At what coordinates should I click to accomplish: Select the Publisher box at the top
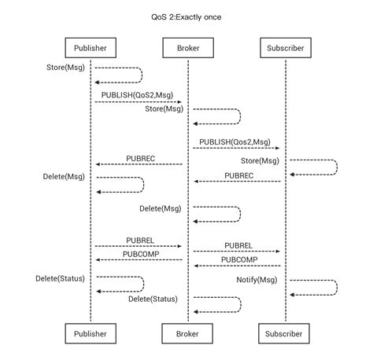click(x=90, y=49)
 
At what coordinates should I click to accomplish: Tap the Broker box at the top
click(x=187, y=49)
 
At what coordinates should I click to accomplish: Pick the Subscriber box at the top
click(x=284, y=49)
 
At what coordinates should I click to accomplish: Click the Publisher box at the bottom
click(x=90, y=333)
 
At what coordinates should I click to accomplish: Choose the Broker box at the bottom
click(x=187, y=333)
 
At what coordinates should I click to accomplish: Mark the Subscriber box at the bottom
click(x=284, y=333)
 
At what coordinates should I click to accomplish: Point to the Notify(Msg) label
click(x=257, y=281)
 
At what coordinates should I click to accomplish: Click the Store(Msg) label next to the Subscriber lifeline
click(x=260, y=161)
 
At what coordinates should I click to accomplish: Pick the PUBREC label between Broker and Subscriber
click(x=239, y=175)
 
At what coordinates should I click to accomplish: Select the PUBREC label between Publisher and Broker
click(x=141, y=158)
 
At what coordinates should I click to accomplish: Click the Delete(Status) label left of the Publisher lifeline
click(x=60, y=278)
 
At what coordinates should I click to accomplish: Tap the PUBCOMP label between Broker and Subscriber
click(x=239, y=259)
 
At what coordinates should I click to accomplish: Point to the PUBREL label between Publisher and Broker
click(x=141, y=240)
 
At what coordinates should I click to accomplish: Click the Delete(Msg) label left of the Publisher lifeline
click(x=64, y=176)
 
